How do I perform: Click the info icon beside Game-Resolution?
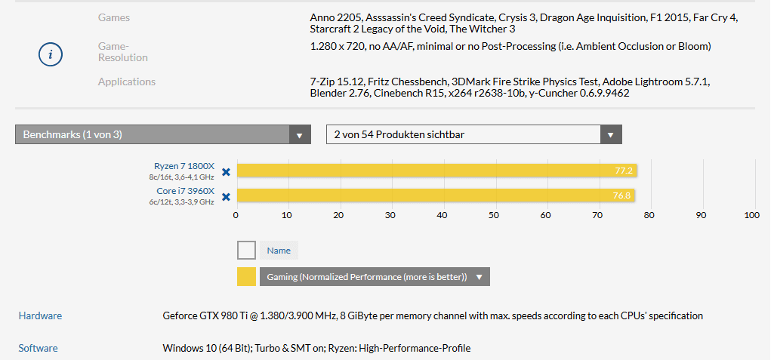pos(51,54)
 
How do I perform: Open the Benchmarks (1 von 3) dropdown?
pos(162,135)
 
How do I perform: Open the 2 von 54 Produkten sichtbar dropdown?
pos(473,135)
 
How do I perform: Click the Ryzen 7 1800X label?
pos(184,166)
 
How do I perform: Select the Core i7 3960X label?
pos(185,191)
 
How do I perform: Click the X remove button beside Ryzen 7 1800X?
pos(226,171)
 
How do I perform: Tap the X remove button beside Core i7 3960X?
pos(226,196)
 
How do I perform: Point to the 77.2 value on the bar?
pos(624,171)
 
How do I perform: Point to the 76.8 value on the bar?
pos(622,196)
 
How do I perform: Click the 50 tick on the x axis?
pos(494,215)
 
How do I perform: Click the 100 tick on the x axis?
pos(751,215)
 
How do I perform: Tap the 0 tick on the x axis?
pos(236,215)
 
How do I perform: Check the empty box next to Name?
pos(246,251)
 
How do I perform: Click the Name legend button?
pos(279,251)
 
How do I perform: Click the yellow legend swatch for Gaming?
pos(246,277)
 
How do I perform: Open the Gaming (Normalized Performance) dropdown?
pos(375,277)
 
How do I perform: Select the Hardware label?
pos(40,316)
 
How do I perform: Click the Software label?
pos(38,348)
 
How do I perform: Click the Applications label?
pos(127,82)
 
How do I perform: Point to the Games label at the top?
pos(114,17)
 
